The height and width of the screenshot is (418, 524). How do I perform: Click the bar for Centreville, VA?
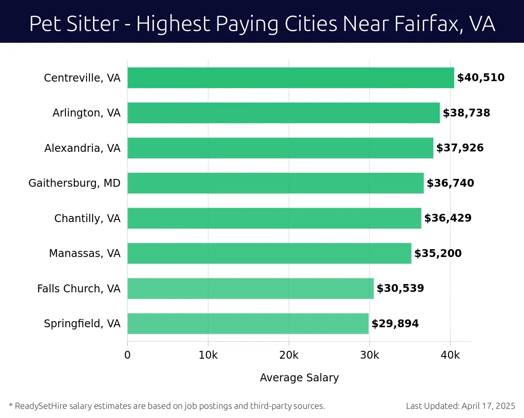[x=290, y=78]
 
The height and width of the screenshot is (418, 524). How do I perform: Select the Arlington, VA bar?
[x=283, y=113]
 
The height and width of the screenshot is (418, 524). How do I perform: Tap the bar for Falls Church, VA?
[x=250, y=288]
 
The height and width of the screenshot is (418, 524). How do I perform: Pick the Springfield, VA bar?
[x=248, y=323]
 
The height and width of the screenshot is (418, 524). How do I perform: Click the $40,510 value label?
[x=480, y=78]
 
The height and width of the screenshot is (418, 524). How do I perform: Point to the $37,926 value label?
[x=460, y=148]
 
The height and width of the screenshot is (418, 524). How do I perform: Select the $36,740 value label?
[x=450, y=183]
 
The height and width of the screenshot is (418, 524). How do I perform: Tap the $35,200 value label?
[x=438, y=254]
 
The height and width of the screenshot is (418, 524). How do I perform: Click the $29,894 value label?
[x=395, y=324]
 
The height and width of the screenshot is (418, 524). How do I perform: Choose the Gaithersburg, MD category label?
[x=74, y=183]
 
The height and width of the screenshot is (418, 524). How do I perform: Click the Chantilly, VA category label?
[x=87, y=218]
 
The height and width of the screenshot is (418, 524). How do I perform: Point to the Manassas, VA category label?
[x=84, y=254]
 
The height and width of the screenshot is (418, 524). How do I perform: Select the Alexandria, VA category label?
[x=82, y=148]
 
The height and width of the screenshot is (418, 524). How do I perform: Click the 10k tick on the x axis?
[x=208, y=355]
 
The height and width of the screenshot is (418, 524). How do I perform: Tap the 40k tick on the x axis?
[x=450, y=355]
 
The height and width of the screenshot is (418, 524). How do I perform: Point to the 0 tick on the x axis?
[x=128, y=355]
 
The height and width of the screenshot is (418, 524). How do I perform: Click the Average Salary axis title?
[x=299, y=378]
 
